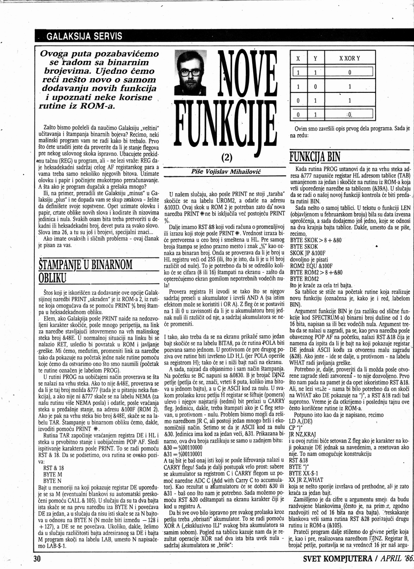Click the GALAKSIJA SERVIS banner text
tap(85, 36)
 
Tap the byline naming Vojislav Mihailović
tap(226, 171)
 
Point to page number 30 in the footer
tap(38, 559)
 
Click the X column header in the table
tap(298, 58)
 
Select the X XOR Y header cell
tap(350, 58)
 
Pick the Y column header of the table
tap(315, 58)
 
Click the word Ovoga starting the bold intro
tap(59, 54)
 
